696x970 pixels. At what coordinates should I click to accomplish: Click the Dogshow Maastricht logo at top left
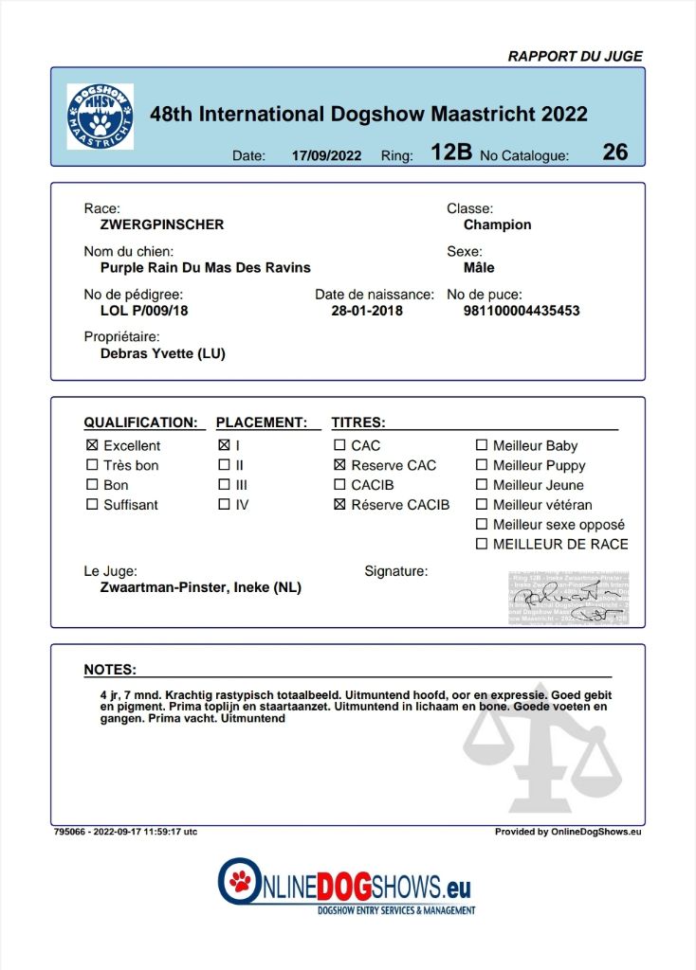point(100,116)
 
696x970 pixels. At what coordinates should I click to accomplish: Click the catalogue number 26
point(614,152)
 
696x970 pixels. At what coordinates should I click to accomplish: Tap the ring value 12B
point(450,152)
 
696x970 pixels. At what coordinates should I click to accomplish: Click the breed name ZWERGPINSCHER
point(162,225)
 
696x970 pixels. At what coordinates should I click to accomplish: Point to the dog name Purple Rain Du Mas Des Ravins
point(205,267)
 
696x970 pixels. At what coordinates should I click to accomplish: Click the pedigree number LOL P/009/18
point(144,310)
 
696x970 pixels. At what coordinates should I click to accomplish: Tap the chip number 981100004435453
point(521,310)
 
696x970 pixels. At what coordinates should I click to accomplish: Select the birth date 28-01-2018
point(366,310)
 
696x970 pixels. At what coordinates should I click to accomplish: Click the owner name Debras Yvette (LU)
point(162,353)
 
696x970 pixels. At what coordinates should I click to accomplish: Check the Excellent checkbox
point(92,445)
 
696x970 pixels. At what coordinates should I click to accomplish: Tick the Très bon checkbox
point(92,465)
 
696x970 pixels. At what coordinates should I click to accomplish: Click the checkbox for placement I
point(224,445)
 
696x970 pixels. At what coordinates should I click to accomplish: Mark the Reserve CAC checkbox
point(339,465)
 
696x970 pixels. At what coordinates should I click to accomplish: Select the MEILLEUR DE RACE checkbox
point(482,544)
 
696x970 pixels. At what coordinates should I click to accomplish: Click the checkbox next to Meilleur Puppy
point(482,465)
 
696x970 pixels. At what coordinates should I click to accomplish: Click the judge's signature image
point(567,599)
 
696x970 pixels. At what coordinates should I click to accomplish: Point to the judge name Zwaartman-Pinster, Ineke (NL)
point(200,587)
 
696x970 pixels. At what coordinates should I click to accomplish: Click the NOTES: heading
point(110,669)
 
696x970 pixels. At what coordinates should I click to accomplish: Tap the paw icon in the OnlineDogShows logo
point(240,882)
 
